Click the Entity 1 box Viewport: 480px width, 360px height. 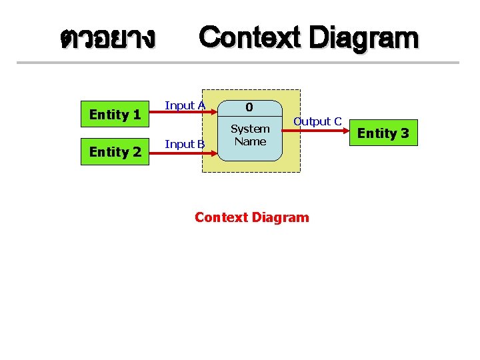point(115,115)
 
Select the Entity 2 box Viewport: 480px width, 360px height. point(115,152)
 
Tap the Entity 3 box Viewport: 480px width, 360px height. point(383,133)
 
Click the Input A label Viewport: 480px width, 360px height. point(185,105)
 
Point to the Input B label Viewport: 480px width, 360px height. point(185,143)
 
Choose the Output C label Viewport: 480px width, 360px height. point(318,121)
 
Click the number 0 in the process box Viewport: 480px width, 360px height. point(249,107)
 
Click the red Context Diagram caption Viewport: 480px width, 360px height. point(252,217)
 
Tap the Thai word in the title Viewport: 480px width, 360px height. point(107,38)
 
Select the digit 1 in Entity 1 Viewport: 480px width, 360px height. point(136,115)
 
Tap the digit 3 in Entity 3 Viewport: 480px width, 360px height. point(404,133)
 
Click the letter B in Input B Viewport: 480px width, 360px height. point(200,143)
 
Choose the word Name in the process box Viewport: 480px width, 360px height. point(250,141)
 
